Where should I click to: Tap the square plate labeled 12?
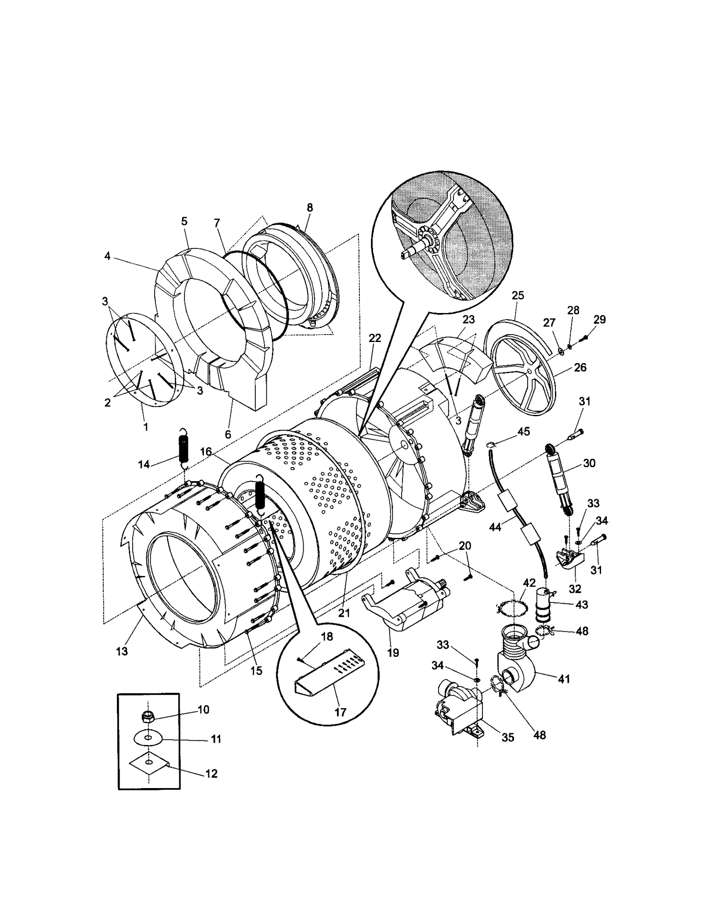pyautogui.click(x=149, y=766)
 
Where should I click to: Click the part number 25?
pyautogui.click(x=518, y=295)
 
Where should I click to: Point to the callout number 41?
pyautogui.click(x=564, y=679)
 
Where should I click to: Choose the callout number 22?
pyautogui.click(x=375, y=338)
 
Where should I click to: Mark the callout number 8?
pyautogui.click(x=310, y=208)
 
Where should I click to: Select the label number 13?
pyautogui.click(x=122, y=651)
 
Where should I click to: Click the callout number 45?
pyautogui.click(x=524, y=432)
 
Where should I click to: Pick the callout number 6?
pyautogui.click(x=228, y=434)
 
